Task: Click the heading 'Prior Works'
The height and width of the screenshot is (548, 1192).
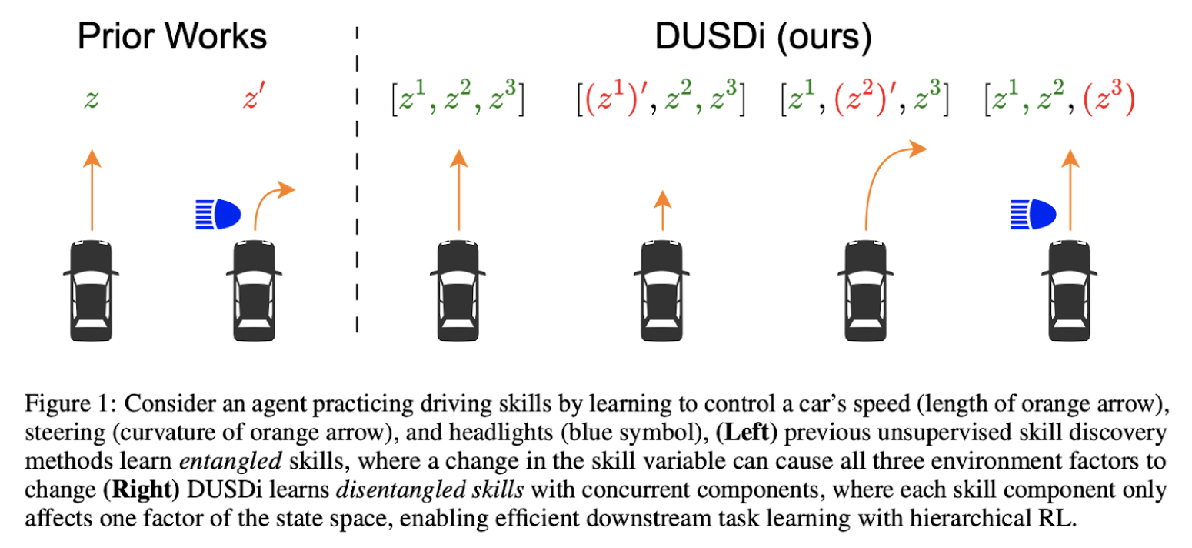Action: [172, 37]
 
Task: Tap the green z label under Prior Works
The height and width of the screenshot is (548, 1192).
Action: [92, 101]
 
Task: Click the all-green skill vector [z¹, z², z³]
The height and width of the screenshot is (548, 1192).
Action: [458, 101]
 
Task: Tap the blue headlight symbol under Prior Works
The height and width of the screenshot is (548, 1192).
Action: [218, 214]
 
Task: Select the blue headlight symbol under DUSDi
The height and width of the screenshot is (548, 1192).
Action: [1034, 214]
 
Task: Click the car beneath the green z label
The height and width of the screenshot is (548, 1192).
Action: [91, 289]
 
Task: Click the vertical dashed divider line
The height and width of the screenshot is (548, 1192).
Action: [357, 185]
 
